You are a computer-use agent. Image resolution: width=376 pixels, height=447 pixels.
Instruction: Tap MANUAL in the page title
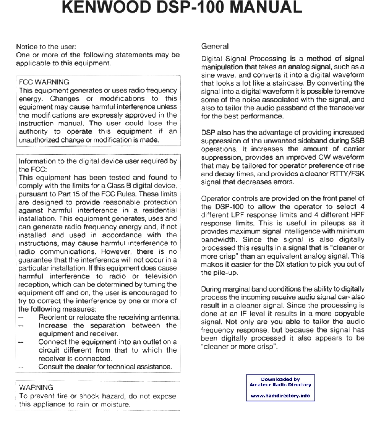(265, 9)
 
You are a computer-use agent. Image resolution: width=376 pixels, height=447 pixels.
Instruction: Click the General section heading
(215, 46)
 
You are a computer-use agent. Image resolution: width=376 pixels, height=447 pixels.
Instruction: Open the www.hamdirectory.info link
(280, 396)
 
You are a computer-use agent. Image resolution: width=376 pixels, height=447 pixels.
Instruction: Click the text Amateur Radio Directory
(280, 385)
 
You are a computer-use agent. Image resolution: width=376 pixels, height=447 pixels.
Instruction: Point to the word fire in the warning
(62, 397)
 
